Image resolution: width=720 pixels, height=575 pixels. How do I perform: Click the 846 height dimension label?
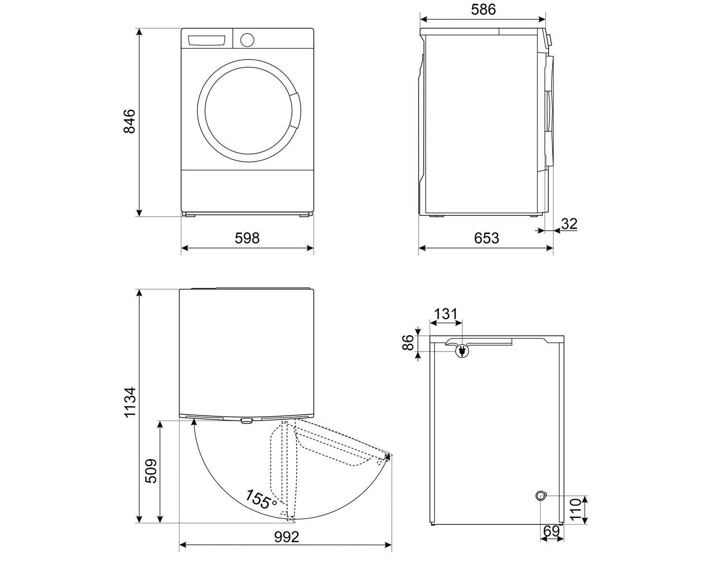[129, 122]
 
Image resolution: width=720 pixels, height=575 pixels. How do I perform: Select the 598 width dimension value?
[247, 238]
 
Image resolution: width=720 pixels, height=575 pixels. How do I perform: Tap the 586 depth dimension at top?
[483, 10]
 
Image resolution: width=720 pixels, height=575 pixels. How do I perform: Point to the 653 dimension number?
[486, 238]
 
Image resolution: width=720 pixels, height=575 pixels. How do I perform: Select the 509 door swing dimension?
[151, 471]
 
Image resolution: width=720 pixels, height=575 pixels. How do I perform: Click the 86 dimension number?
[408, 343]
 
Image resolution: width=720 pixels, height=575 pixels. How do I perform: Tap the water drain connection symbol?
[541, 495]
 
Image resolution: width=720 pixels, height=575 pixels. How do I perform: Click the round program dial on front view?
[247, 40]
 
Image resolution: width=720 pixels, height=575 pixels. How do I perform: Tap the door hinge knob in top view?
[246, 421]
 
